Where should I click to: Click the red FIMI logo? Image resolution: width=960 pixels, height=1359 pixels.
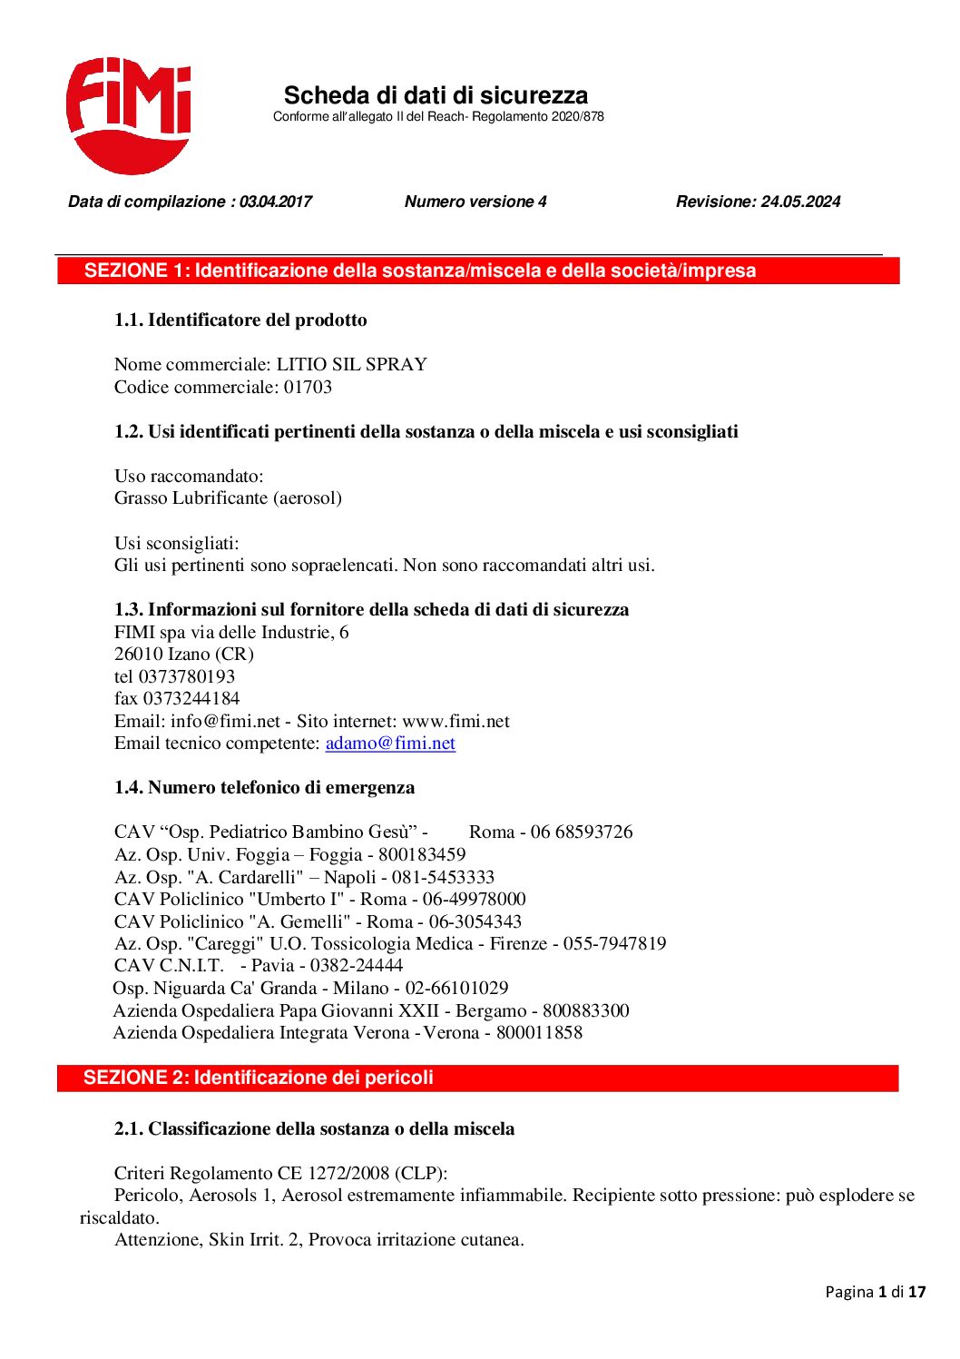point(128,115)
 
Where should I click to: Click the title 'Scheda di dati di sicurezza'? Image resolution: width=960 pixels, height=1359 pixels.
point(436,95)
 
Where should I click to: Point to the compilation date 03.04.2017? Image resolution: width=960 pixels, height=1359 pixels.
point(275,202)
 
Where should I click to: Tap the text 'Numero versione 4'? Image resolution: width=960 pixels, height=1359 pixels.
point(475,202)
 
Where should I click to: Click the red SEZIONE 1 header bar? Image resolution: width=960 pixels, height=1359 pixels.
point(478,271)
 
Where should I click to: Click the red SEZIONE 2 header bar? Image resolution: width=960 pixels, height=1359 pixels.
point(478,1078)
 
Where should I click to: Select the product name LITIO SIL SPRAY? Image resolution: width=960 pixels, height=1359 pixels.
point(351,364)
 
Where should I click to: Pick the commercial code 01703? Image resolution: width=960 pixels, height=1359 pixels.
point(309,387)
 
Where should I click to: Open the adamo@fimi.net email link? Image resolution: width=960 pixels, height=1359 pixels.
point(390,743)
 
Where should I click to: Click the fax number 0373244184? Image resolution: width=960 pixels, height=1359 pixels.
point(191,698)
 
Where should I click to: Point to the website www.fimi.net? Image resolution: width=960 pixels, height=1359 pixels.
point(456,721)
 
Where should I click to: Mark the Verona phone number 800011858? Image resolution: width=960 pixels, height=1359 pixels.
point(539,1032)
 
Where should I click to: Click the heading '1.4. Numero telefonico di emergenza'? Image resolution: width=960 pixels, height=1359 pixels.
point(264,787)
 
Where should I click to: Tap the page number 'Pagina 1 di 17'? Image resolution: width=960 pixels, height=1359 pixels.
point(875,1292)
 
